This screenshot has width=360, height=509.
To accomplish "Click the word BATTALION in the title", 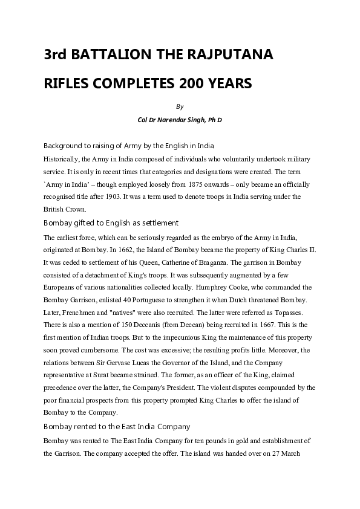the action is point(112,55).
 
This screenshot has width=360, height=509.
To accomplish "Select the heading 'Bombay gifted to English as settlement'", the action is point(111,223).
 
